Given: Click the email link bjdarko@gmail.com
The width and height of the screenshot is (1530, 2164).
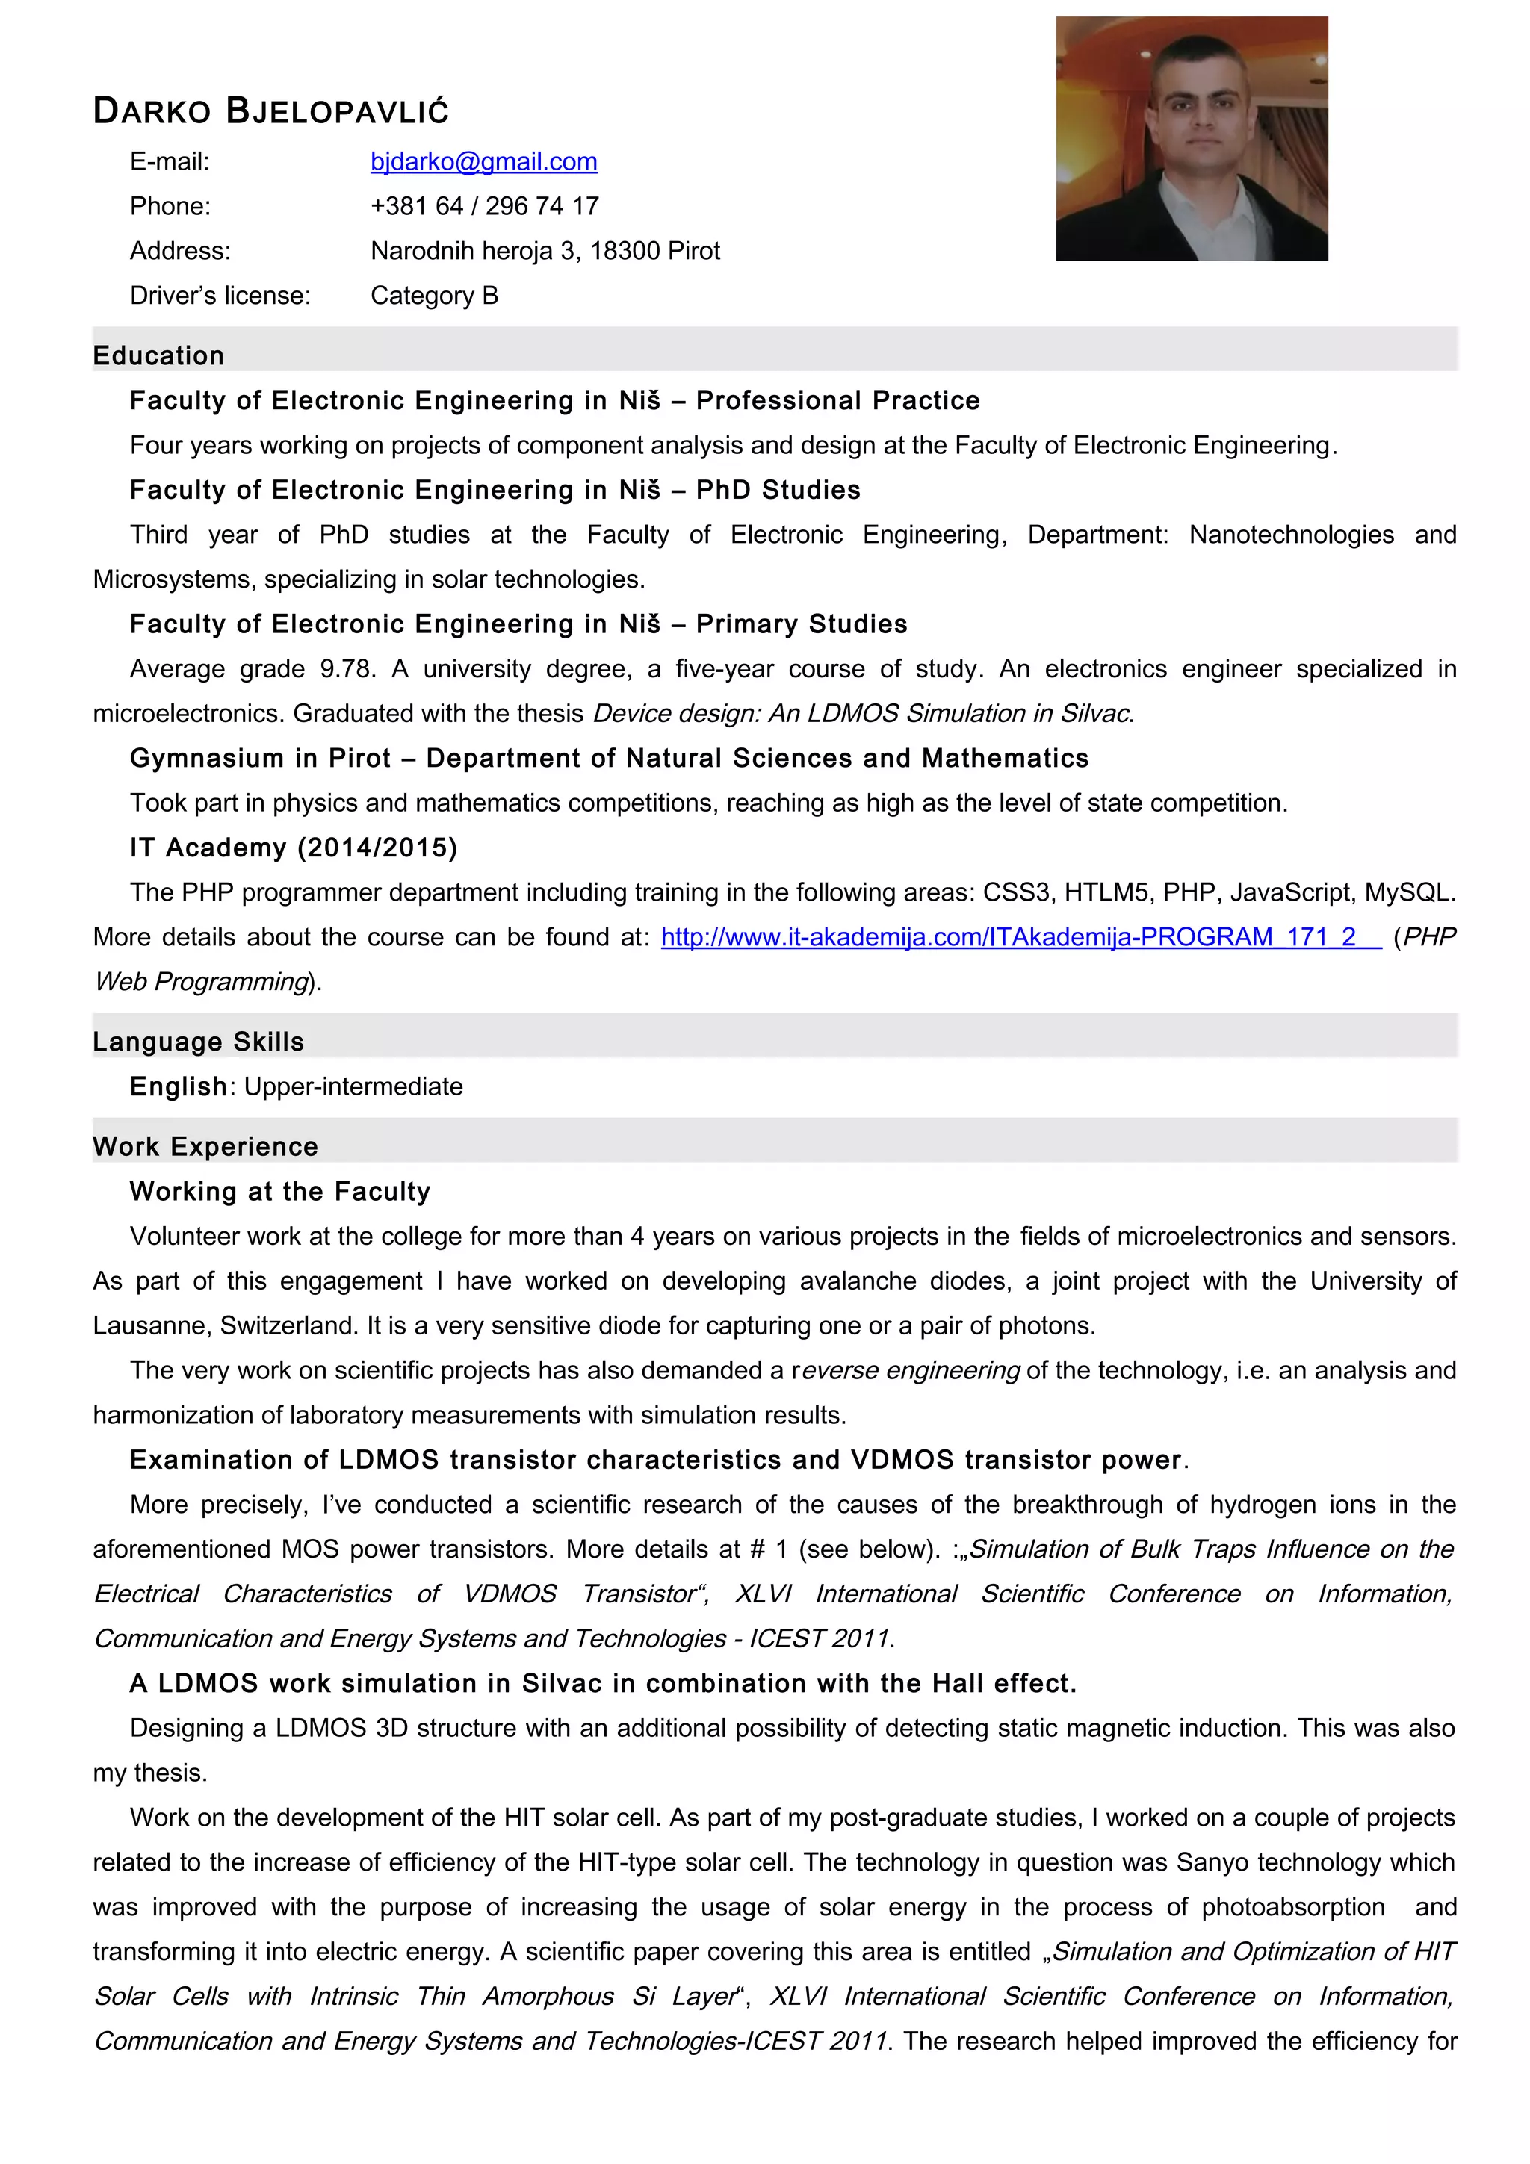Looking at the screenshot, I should point(483,162).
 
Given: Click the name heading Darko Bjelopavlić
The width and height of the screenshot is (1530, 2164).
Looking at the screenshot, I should point(270,111).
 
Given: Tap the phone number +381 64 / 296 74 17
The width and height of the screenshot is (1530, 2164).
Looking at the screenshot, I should point(485,206).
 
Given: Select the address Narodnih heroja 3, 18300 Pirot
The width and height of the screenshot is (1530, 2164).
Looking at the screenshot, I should point(545,251).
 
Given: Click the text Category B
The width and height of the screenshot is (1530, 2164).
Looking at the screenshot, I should point(433,296).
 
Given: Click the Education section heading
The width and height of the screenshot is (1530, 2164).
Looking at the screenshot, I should point(158,355).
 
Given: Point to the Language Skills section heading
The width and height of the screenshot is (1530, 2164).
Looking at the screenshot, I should point(198,1042).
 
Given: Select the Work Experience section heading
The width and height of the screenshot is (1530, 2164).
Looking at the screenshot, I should point(205,1146).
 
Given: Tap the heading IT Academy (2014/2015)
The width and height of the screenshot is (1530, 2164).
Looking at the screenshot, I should point(293,848).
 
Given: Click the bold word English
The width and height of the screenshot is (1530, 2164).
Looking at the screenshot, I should point(178,1086).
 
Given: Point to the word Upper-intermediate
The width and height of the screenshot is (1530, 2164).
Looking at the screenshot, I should point(353,1086).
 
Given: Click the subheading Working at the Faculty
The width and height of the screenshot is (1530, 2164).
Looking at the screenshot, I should point(280,1191).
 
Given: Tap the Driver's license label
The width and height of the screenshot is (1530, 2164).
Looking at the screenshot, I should point(220,296).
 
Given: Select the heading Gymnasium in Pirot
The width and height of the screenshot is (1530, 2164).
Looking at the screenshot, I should point(260,758).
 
